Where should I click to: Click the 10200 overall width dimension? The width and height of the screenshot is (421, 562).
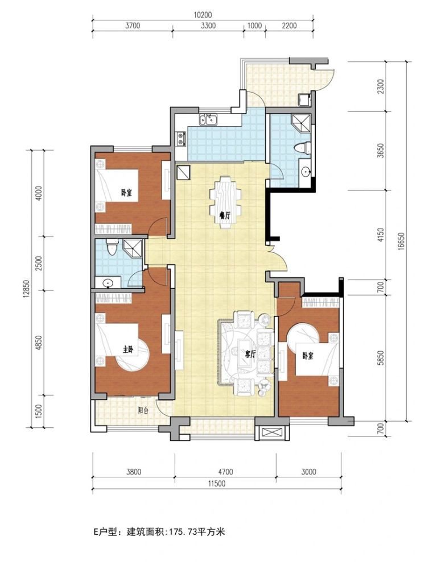click(x=203, y=15)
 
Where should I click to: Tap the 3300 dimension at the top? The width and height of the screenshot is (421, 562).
click(x=209, y=26)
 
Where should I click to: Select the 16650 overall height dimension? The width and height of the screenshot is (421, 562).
click(x=401, y=241)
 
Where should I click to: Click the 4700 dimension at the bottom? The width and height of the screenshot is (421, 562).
click(x=225, y=472)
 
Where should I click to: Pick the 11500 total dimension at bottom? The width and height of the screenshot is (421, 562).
click(x=216, y=484)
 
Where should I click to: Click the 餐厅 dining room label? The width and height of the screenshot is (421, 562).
click(x=225, y=215)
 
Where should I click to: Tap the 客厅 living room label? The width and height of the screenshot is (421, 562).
click(x=250, y=354)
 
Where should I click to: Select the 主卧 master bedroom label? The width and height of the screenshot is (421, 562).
click(x=128, y=350)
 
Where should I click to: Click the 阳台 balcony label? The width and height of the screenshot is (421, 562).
click(x=143, y=411)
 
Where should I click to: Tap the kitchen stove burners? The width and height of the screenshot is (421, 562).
click(x=180, y=139)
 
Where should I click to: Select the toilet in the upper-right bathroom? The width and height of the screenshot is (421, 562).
click(x=302, y=148)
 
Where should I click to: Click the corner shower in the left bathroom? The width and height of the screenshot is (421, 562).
click(x=133, y=248)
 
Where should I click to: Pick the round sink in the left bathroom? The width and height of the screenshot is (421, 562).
click(x=108, y=284)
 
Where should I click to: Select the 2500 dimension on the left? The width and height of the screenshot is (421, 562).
click(x=39, y=263)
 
